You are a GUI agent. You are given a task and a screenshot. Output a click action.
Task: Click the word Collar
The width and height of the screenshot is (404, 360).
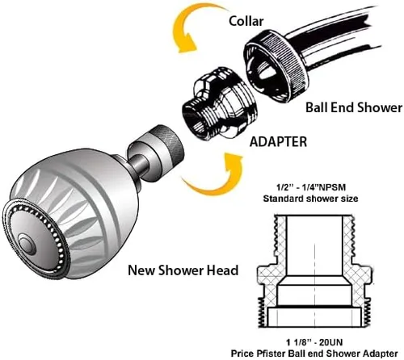pyautogui.click(x=247, y=21)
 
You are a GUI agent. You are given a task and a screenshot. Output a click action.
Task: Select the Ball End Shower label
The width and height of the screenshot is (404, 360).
pyautogui.click(x=353, y=107)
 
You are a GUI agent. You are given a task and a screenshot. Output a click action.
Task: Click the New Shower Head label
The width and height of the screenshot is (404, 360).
pyautogui.click(x=183, y=270)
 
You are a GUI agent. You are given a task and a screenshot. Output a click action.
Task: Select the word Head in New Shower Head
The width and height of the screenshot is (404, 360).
pyautogui.click(x=222, y=270)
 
